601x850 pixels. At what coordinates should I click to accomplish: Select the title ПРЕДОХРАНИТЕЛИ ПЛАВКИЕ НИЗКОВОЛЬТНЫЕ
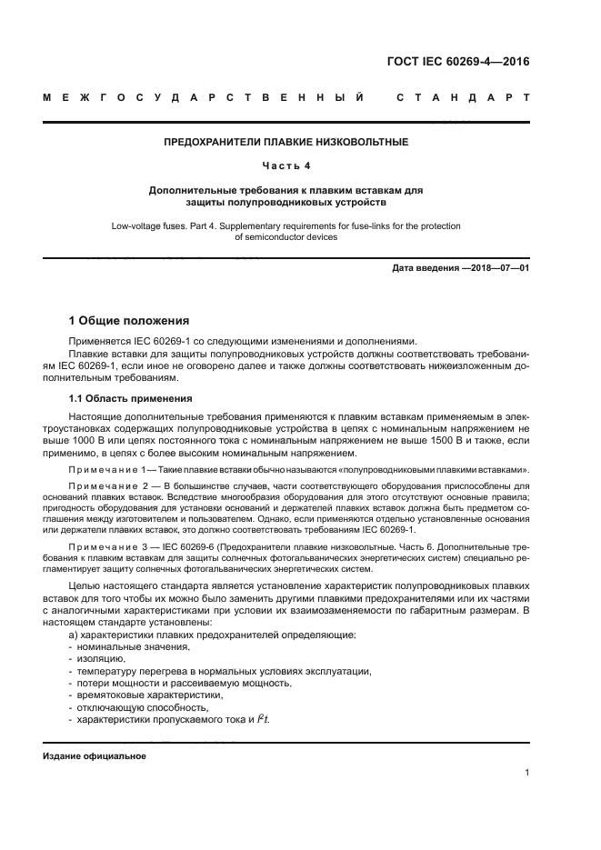pos(285,142)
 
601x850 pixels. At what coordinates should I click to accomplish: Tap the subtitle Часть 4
pos(285,165)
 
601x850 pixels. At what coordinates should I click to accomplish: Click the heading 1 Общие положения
pos(130,320)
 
